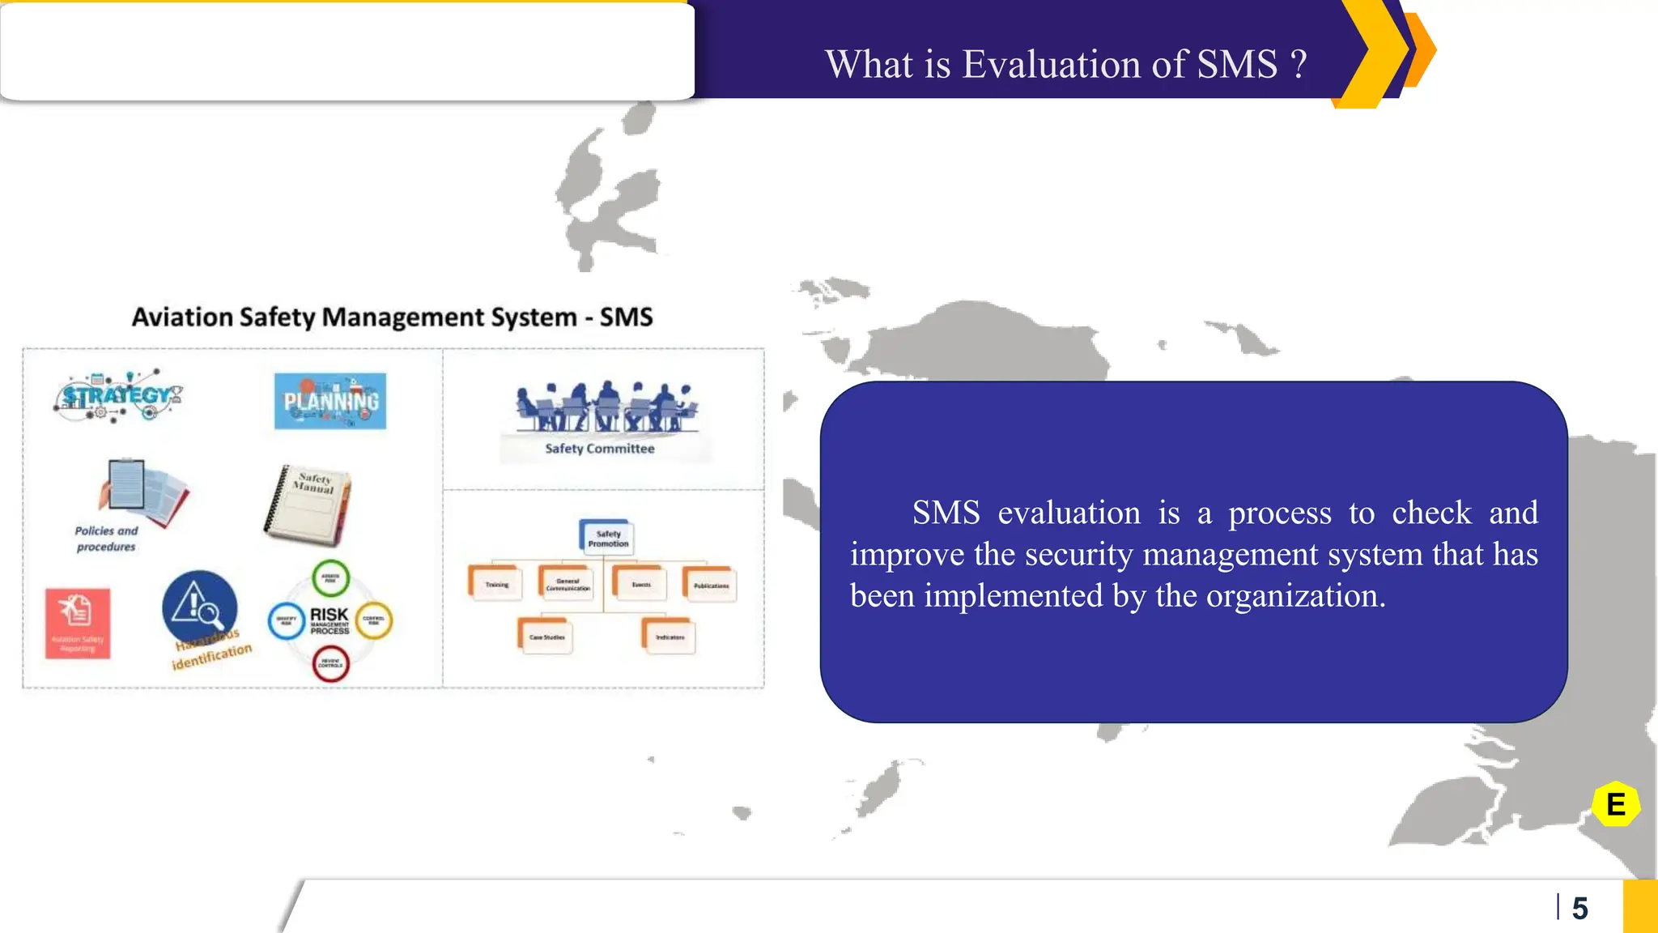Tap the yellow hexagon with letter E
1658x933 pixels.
pyautogui.click(x=1615, y=804)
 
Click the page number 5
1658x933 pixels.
pyautogui.click(x=1579, y=908)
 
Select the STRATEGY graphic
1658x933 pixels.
pyautogui.click(x=119, y=396)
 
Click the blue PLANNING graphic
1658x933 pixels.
pyautogui.click(x=330, y=401)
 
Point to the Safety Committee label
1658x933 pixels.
pyautogui.click(x=599, y=449)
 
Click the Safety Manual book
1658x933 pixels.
pyautogui.click(x=308, y=504)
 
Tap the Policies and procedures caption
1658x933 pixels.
pyautogui.click(x=106, y=539)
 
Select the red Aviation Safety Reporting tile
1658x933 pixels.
pyautogui.click(x=78, y=623)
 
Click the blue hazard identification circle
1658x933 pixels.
pyautogui.click(x=199, y=607)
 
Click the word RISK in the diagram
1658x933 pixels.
pyautogui.click(x=329, y=615)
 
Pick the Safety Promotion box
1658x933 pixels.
pyautogui.click(x=607, y=539)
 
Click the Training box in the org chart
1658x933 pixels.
pyautogui.click(x=496, y=584)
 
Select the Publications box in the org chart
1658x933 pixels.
pyautogui.click(x=711, y=585)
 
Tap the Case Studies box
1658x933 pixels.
pyautogui.click(x=546, y=637)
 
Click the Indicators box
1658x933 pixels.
pyautogui.click(x=669, y=637)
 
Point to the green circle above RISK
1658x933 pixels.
pyautogui.click(x=330, y=579)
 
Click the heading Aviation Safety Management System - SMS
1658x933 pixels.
pyautogui.click(x=392, y=317)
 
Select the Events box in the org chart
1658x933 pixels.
pyautogui.click(x=640, y=584)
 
